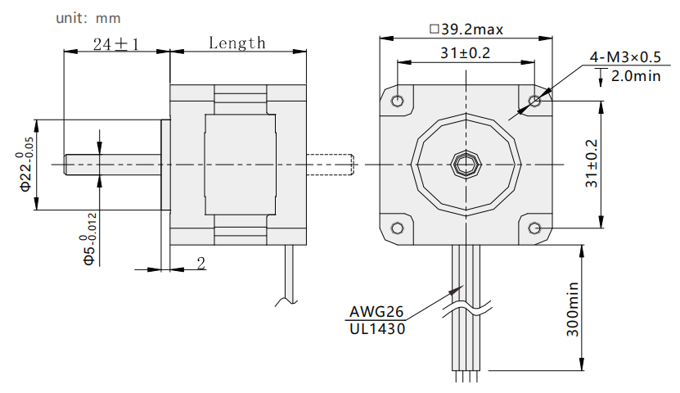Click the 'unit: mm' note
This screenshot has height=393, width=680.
88,18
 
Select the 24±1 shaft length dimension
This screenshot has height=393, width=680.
116,44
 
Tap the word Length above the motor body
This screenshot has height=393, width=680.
236,43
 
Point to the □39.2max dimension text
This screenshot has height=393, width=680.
466,29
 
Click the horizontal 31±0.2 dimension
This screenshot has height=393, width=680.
465,53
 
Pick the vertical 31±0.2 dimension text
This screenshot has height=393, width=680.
592,164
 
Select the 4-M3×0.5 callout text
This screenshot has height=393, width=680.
625,56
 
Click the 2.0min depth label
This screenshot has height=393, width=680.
636,76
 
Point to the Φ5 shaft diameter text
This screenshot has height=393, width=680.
89,238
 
